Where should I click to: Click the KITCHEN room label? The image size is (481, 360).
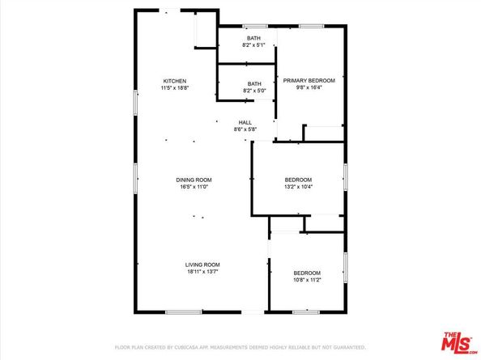tap(175, 81)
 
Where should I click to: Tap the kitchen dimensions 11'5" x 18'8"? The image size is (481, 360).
tap(175, 88)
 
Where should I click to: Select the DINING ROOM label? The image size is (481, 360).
tap(194, 180)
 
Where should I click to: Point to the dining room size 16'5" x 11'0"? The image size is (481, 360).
tap(194, 187)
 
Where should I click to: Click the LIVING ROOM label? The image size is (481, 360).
tap(202, 265)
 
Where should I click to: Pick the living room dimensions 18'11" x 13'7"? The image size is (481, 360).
tap(202, 272)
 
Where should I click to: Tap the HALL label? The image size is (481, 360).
tap(245, 122)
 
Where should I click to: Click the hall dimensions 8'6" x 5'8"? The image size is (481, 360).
tap(245, 129)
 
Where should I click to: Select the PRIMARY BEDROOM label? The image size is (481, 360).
tap(309, 81)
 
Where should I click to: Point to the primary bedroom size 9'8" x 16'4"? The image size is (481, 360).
tap(309, 88)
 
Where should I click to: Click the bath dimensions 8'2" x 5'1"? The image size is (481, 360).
tap(254, 45)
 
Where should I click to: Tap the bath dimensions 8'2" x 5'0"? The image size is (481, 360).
tap(254, 91)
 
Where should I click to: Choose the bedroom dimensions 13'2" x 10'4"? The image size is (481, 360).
tap(298, 187)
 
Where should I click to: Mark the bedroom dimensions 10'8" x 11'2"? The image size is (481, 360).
tap(307, 280)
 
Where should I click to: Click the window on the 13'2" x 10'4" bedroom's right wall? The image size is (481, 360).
tap(345, 176)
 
